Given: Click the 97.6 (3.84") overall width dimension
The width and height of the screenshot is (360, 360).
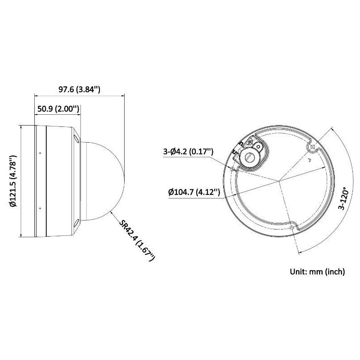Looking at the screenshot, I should coord(79,89).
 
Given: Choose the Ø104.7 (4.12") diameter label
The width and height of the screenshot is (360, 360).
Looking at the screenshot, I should coord(194,192).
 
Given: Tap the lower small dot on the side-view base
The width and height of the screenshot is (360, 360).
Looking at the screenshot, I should coord(40,208).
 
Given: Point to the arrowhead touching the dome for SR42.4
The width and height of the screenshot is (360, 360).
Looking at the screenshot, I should coord(112,211).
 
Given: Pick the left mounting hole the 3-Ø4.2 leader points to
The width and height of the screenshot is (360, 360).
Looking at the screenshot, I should coord(232,170).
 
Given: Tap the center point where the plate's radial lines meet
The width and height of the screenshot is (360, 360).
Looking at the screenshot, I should coord(279,182).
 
